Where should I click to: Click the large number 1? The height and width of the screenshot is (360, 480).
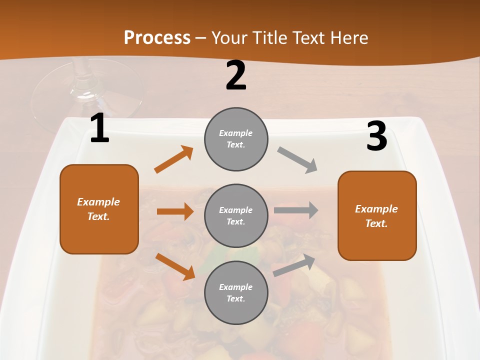99,129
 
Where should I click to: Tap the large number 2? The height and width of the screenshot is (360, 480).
236,76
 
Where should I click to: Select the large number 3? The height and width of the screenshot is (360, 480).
376,136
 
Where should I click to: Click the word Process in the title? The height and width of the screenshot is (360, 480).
157,37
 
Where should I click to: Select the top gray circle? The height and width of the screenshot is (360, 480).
236,139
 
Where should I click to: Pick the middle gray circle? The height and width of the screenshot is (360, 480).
236,215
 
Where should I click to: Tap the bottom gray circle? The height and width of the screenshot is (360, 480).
236,292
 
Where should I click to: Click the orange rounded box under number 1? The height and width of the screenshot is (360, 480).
99,209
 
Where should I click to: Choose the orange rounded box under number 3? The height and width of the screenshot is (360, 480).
376,215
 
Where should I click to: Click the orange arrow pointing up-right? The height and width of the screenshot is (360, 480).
174,159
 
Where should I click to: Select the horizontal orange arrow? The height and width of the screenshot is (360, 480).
175,211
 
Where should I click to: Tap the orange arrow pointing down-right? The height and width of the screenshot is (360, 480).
175,266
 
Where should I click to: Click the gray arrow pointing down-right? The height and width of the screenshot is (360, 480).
297,160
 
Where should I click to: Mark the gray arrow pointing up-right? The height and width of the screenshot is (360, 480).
294,265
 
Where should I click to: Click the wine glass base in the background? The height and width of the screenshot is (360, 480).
87,95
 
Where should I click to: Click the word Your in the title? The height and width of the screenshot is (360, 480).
230,37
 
